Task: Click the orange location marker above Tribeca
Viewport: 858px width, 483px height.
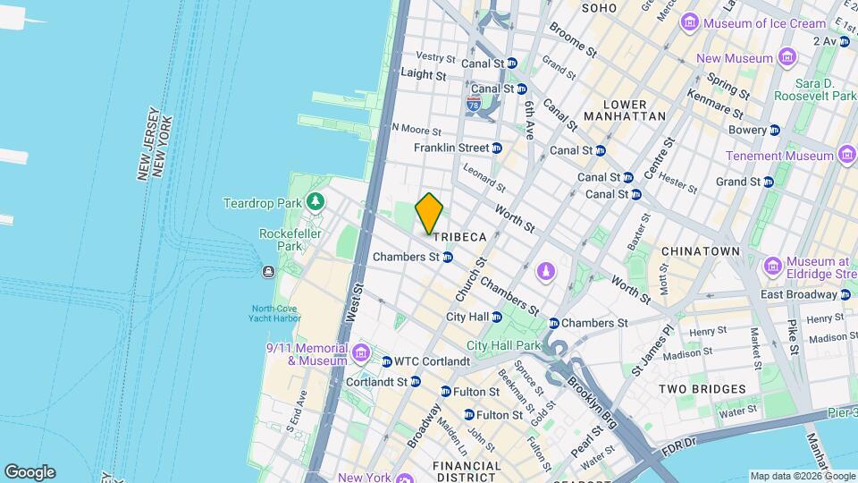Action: [430, 213]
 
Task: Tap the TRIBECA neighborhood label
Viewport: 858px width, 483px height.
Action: [459, 237]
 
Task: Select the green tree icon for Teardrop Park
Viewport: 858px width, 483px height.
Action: [315, 203]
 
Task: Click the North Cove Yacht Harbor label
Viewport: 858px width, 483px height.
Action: [275, 313]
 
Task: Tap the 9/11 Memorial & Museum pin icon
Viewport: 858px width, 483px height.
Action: [360, 353]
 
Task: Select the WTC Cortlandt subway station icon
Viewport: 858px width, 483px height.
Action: [387, 362]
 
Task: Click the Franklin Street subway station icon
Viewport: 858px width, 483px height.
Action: [497, 148]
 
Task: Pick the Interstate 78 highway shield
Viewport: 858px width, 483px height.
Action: [473, 105]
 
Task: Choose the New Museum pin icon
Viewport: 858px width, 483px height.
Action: [786, 59]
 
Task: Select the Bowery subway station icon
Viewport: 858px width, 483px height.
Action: [774, 130]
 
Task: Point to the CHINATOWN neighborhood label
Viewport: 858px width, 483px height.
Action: [701, 252]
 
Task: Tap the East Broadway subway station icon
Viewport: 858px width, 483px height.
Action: [845, 294]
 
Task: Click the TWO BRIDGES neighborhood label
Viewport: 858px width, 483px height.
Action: [702, 389]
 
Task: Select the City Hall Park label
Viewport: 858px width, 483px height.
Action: [504, 345]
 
